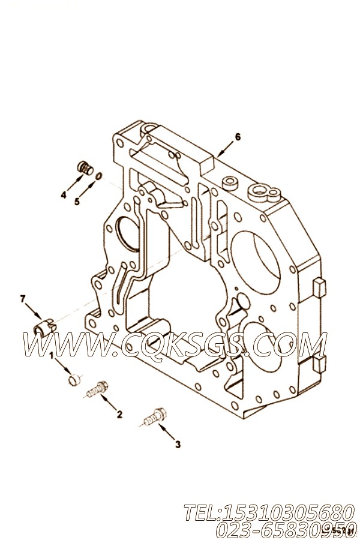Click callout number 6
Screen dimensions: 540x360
(238, 137)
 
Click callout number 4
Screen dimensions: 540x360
(62, 194)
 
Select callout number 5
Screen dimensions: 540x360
(77, 202)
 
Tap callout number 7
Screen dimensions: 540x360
(23, 298)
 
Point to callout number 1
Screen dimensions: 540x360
(52, 355)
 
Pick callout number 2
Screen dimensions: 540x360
(119, 413)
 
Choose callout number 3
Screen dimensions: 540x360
(177, 444)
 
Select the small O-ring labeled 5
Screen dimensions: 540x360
(99, 176)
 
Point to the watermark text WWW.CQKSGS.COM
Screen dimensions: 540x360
(174, 346)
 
